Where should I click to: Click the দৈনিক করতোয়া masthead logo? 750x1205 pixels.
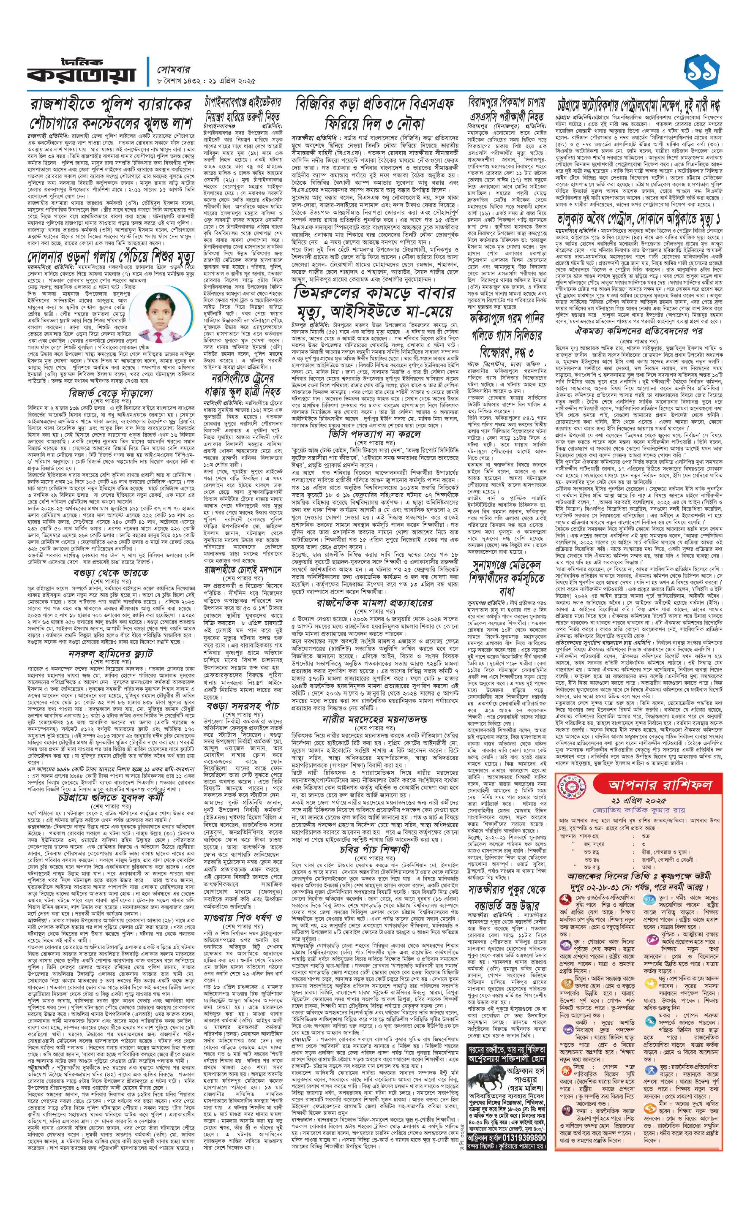coord(82,71)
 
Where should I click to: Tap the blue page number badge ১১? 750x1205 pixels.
coord(701,71)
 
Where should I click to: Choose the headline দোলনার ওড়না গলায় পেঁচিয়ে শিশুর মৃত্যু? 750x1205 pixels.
coord(111,257)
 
